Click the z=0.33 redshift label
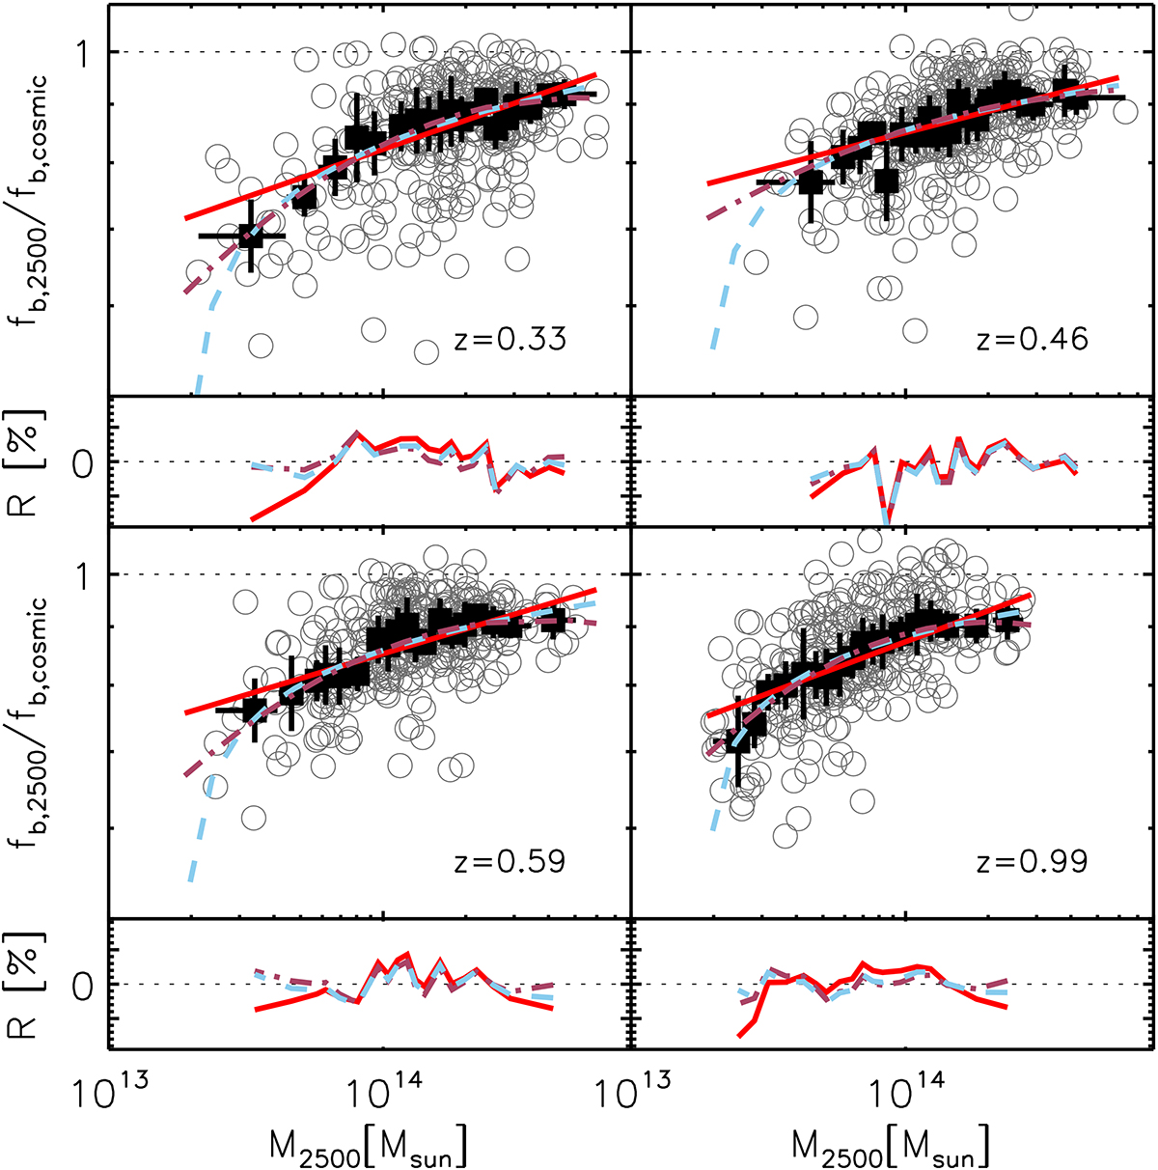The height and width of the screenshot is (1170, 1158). (510, 339)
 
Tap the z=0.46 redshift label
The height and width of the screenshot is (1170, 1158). (1032, 339)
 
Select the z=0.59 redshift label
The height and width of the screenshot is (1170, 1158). (510, 860)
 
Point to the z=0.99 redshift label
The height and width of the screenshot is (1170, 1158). (1032, 860)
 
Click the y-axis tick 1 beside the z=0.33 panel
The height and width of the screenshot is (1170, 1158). (90, 52)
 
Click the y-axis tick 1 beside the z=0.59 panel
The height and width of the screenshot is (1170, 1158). (90, 574)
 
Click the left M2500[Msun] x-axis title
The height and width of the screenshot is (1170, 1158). (370, 1146)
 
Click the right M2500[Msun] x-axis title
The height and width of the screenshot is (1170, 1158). (892, 1146)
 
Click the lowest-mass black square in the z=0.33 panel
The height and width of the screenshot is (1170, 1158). (251, 236)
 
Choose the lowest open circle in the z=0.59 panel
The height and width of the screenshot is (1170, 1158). (254, 818)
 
